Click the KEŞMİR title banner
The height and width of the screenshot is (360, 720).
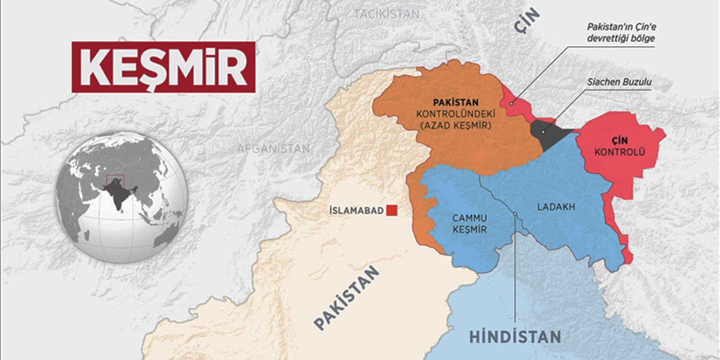(x=163, y=66)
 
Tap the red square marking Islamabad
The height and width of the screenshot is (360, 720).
(x=393, y=210)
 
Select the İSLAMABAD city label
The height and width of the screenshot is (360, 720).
(x=356, y=211)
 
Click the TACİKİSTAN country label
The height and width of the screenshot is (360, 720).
(x=386, y=14)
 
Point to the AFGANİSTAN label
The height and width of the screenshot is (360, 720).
(x=273, y=149)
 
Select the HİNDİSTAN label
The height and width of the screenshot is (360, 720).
(x=515, y=337)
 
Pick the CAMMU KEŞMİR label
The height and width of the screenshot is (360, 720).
(x=469, y=223)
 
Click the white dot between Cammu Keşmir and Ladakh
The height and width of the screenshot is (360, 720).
(x=515, y=213)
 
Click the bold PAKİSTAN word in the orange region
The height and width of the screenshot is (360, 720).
(x=455, y=103)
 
